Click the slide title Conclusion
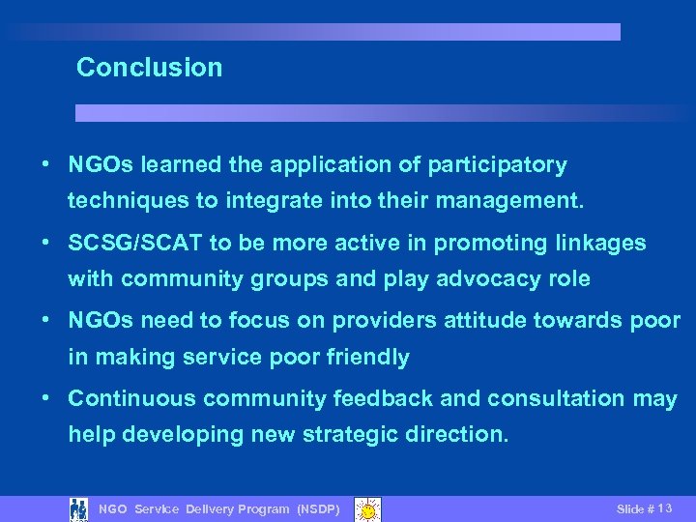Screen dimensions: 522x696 [x=149, y=68]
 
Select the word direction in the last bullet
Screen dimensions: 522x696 [x=458, y=435]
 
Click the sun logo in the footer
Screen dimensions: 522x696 [x=367, y=508]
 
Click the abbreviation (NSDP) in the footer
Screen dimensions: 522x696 [x=318, y=509]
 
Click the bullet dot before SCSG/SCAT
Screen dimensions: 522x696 [x=45, y=243]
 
